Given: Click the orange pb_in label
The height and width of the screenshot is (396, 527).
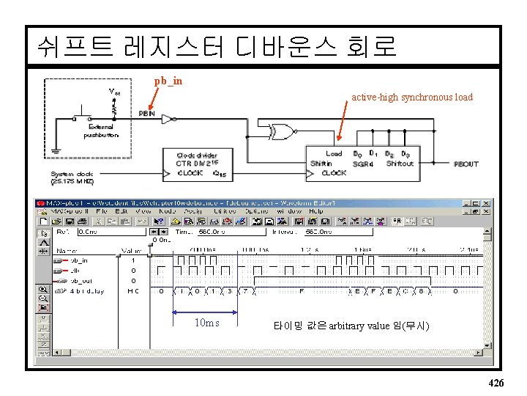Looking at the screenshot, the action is tap(168, 81).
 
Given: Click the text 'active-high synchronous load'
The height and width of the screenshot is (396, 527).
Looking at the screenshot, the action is tap(412, 97).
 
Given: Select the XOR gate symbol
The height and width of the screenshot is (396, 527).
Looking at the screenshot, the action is tap(280, 132).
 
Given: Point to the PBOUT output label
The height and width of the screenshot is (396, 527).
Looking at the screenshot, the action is tap(466, 164).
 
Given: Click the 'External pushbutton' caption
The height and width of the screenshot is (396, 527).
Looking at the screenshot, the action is tap(100, 131).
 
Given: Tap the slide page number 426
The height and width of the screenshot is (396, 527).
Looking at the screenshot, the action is tap(496, 383).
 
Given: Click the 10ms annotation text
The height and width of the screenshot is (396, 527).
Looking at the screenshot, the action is tap(206, 323).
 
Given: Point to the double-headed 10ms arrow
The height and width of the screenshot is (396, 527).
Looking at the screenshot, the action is tap(205, 312).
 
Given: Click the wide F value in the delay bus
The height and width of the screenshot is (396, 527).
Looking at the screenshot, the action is tap(302, 291).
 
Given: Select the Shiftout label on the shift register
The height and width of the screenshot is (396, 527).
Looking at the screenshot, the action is tap(400, 164).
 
